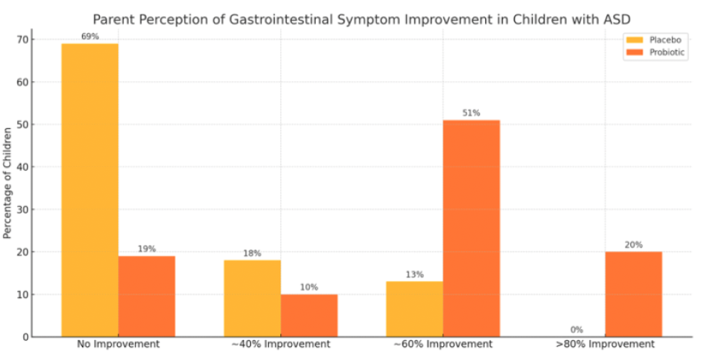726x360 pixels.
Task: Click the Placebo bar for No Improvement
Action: click(x=90, y=190)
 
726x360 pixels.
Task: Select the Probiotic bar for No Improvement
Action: click(x=147, y=297)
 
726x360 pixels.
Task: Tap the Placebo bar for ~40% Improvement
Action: click(x=253, y=298)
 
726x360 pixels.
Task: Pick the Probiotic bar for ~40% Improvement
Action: click(x=309, y=315)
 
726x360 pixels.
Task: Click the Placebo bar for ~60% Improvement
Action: click(x=415, y=309)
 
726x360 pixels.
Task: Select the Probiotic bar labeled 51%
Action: click(x=471, y=229)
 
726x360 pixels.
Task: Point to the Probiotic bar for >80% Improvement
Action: click(x=633, y=294)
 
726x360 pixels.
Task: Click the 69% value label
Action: click(x=90, y=36)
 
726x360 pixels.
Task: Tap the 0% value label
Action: click(x=576, y=330)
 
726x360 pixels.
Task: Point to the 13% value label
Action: click(x=415, y=275)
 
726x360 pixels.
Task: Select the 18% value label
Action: click(x=253, y=253)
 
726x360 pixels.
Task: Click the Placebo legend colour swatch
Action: click(x=635, y=40)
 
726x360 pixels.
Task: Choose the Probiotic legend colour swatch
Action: click(x=635, y=53)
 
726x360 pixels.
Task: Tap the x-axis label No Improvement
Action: click(x=118, y=345)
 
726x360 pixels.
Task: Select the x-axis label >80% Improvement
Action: click(x=606, y=345)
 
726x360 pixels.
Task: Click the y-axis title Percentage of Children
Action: click(x=7, y=183)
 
